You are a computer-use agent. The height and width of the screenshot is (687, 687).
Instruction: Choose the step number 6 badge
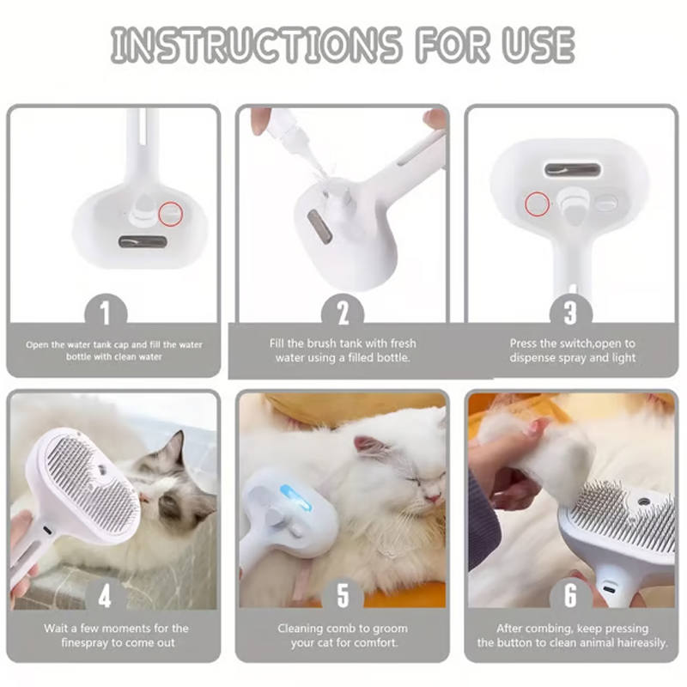571,594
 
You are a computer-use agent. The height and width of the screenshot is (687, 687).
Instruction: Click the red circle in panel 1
170,212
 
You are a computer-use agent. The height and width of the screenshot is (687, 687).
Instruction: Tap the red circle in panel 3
538,204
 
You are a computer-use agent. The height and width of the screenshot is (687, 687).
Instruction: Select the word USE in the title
538,45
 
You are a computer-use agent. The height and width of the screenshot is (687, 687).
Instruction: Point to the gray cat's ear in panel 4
174,447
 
